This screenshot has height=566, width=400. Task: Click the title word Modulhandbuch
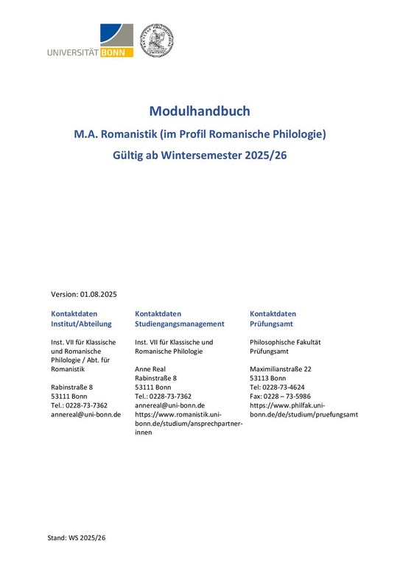[x=200, y=111]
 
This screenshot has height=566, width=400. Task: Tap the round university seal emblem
[x=156, y=40]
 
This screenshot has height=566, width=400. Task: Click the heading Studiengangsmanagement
[x=179, y=324]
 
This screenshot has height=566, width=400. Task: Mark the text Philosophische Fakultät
[x=285, y=342]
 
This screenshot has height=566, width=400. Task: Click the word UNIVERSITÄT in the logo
[x=74, y=53]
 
